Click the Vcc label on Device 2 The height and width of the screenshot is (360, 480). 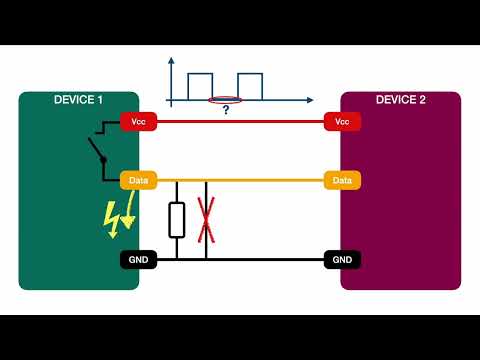[341, 121]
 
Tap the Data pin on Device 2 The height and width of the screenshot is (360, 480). [341, 181]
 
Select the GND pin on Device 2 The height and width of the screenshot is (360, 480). [341, 259]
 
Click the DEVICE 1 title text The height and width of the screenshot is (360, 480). [78, 100]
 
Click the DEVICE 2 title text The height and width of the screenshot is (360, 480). [400, 100]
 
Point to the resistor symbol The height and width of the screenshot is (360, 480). [177, 219]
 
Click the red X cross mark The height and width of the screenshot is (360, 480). [206, 220]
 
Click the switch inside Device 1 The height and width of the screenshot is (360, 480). [97, 150]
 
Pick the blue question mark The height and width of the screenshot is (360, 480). [225, 111]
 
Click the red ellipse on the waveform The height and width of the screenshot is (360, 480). [225, 100]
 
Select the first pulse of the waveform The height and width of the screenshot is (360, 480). [201, 86]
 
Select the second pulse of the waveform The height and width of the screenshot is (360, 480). [249, 86]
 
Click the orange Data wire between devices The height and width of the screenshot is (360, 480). [260, 181]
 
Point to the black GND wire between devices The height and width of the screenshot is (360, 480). [260, 259]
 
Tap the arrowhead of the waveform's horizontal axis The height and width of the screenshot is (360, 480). [309, 100]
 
